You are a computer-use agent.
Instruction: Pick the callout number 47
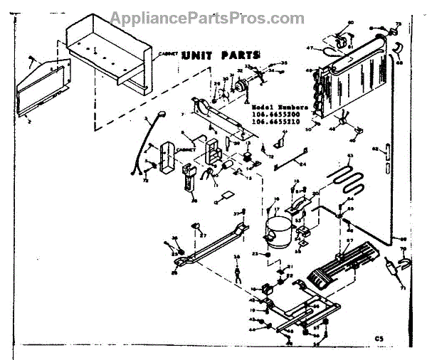[310, 48]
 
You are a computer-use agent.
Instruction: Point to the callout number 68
[399, 64]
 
